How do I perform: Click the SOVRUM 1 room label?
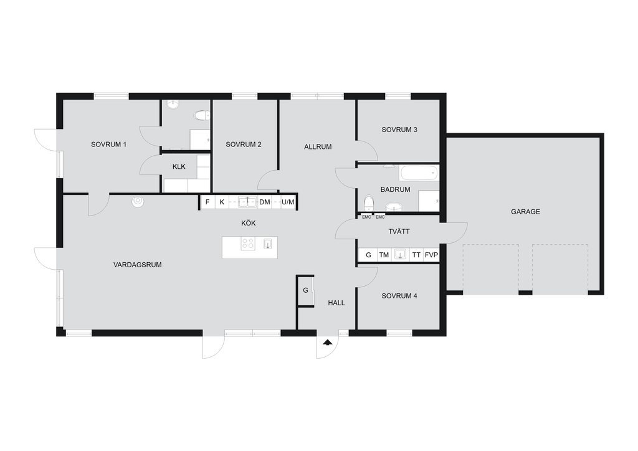[x=108, y=145]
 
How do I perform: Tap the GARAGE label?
[x=525, y=211]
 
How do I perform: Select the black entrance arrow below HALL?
[x=327, y=343]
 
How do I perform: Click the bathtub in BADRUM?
[x=419, y=173]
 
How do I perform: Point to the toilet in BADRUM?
[x=369, y=202]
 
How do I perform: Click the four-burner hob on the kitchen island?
[x=248, y=243]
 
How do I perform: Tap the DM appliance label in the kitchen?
[x=264, y=202]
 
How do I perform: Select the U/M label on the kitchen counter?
[x=288, y=202]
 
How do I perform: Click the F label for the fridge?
[x=207, y=202]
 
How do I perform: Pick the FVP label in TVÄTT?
[x=431, y=255]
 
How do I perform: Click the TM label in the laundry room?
[x=384, y=255]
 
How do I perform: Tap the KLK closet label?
[x=179, y=167]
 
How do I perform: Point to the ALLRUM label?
[x=318, y=147]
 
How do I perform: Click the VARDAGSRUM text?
[x=138, y=265]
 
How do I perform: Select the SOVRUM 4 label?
[x=399, y=296]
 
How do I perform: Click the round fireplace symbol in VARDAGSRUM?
[x=138, y=201]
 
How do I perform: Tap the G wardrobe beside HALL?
[x=305, y=290]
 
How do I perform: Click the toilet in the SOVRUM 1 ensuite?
[x=202, y=116]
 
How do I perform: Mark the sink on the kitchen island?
[x=268, y=243]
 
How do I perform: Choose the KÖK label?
[x=248, y=223]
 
